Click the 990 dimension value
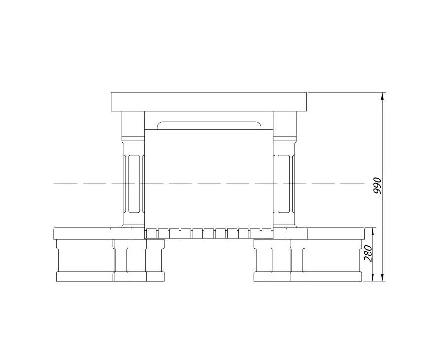point(378,185)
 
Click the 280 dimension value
point(368,253)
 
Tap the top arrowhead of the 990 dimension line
point(382,96)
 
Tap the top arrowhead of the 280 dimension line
point(372,232)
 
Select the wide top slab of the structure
point(209,102)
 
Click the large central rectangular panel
point(209,179)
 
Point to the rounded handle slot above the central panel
point(209,126)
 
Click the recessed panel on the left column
point(134,183)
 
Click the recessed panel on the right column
point(284,183)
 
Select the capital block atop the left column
point(133,126)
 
